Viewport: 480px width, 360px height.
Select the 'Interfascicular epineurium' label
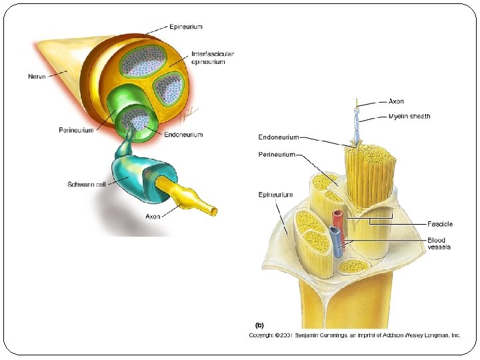point(212,57)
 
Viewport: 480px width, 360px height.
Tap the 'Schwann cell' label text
point(87,183)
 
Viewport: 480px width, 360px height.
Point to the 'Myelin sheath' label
point(409,116)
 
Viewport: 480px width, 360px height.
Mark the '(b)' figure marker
point(259,325)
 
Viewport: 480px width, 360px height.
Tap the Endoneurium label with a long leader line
point(279,138)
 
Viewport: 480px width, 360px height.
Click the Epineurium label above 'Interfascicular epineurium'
point(186,27)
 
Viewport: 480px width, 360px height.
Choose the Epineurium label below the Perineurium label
point(275,195)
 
